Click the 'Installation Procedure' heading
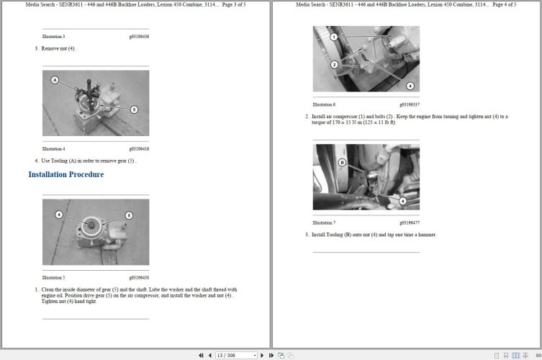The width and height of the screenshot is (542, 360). tap(66, 175)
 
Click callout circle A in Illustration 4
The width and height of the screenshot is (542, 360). tap(55, 80)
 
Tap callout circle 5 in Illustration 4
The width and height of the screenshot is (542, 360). tap(134, 109)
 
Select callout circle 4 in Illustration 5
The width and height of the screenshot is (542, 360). tap(59, 215)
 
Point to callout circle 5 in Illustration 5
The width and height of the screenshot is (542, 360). tap(129, 215)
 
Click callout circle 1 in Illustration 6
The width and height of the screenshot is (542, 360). tap(333, 36)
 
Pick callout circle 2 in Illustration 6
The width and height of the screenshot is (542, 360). tap(334, 65)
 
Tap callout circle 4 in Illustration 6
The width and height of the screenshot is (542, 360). tap(410, 86)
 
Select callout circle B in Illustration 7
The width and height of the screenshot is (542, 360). tap(342, 163)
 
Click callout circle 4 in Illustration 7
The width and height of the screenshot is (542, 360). tap(402, 201)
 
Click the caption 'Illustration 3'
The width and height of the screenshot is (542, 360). tap(53, 36)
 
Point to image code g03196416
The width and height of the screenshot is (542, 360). tap(139, 149)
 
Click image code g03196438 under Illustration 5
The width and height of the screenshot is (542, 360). tap(139, 277)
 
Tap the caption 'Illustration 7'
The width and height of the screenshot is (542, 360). tap(324, 222)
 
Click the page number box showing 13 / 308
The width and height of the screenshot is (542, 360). tap(235, 355)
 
